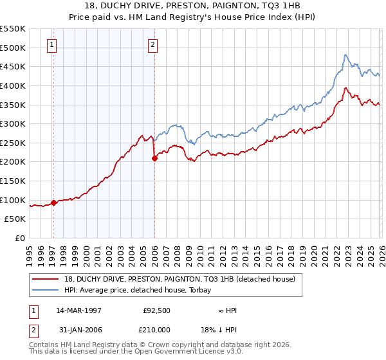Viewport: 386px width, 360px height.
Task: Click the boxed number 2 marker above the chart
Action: click(153, 45)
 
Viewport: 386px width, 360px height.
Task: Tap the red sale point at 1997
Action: click(53, 203)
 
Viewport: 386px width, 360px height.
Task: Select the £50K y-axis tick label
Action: click(15, 219)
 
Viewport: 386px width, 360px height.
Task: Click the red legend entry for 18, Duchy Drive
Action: click(179, 279)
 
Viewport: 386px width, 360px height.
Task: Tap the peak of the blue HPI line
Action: click(345, 55)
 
